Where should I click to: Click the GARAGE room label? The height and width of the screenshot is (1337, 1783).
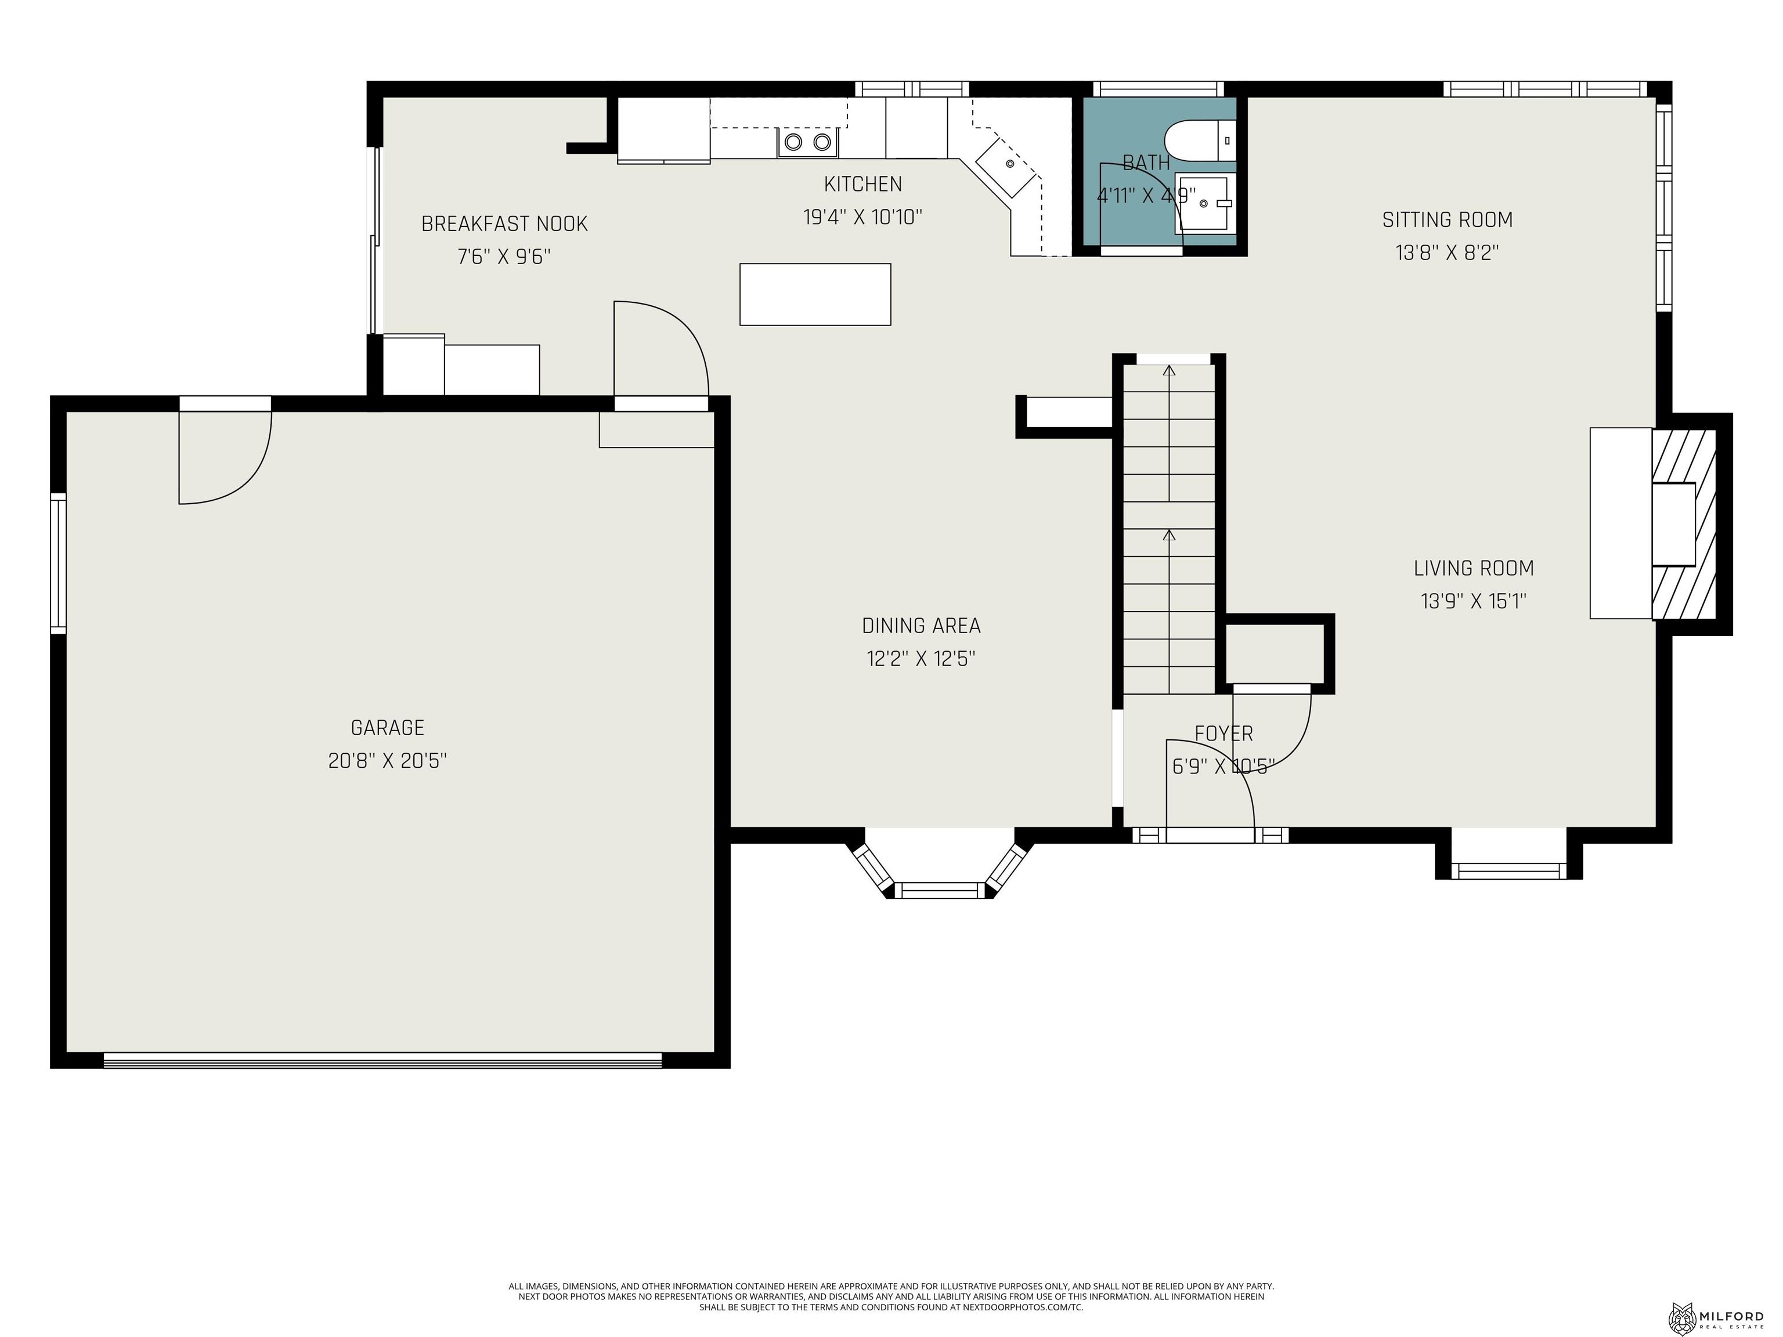point(387,728)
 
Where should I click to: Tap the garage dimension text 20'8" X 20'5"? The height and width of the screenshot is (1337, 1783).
point(387,761)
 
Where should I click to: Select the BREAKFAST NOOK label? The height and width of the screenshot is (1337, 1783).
point(504,223)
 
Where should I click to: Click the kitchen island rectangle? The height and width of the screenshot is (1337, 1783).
point(815,294)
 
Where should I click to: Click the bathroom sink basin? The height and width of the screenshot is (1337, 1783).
point(1203,204)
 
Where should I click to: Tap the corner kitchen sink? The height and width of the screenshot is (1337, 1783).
point(1007,166)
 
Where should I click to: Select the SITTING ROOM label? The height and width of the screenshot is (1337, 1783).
point(1447,219)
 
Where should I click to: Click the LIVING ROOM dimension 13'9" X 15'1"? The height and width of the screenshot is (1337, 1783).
point(1474,601)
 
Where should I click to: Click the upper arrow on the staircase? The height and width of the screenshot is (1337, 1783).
point(1169,371)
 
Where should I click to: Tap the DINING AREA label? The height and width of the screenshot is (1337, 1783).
point(921,626)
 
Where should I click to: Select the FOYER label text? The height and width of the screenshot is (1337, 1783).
point(1223,733)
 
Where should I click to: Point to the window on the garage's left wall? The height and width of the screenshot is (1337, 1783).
point(58,562)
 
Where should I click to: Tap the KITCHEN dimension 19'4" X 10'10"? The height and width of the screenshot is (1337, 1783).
point(862,217)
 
